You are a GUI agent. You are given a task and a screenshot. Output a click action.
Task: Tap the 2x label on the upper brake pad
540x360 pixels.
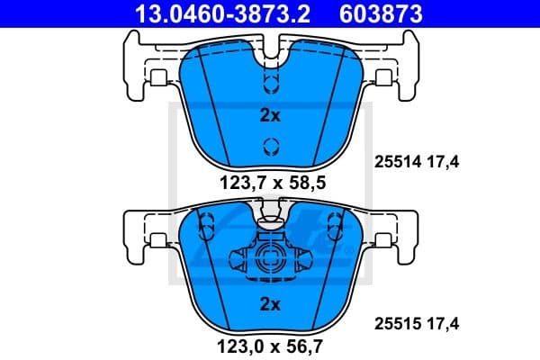point(269,115)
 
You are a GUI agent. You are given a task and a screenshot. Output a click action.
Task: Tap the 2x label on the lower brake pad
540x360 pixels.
point(269,302)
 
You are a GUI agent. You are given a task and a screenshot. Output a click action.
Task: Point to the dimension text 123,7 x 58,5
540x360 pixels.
point(269,183)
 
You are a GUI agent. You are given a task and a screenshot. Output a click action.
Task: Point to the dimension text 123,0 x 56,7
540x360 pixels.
point(269,343)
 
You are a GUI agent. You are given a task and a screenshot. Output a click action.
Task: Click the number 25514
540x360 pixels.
point(394,162)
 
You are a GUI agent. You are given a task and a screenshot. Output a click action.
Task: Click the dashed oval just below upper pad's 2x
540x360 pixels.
point(269,147)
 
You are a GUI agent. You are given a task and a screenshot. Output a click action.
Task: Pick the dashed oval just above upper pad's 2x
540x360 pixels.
point(269,84)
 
